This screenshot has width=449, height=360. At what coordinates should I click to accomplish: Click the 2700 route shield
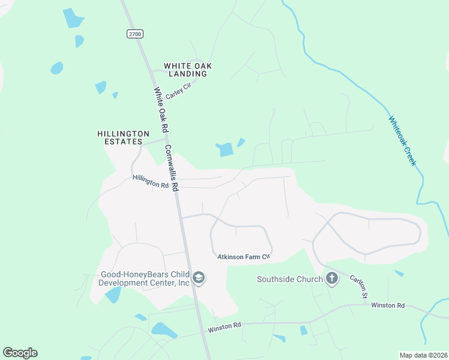click(x=134, y=34)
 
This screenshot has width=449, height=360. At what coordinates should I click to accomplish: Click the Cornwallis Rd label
click(x=172, y=168)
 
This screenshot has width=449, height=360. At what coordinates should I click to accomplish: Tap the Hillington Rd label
click(x=151, y=181)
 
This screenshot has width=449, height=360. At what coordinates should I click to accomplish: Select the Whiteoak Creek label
click(x=402, y=141)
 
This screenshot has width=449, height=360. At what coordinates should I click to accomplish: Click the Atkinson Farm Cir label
click(x=244, y=257)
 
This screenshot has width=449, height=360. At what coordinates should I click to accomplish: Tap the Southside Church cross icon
click(x=331, y=278)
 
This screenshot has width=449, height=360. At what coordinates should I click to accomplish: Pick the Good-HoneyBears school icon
click(x=199, y=278)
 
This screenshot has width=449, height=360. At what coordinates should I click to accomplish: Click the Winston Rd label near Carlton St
click(x=388, y=305)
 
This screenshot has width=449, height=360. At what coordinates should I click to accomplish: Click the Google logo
click(x=20, y=353)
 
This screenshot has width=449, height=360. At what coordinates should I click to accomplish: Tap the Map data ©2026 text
click(x=423, y=355)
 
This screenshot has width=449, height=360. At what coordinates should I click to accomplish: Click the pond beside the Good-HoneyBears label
click(x=112, y=295)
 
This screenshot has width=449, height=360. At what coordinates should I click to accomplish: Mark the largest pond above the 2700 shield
click(x=74, y=18)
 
